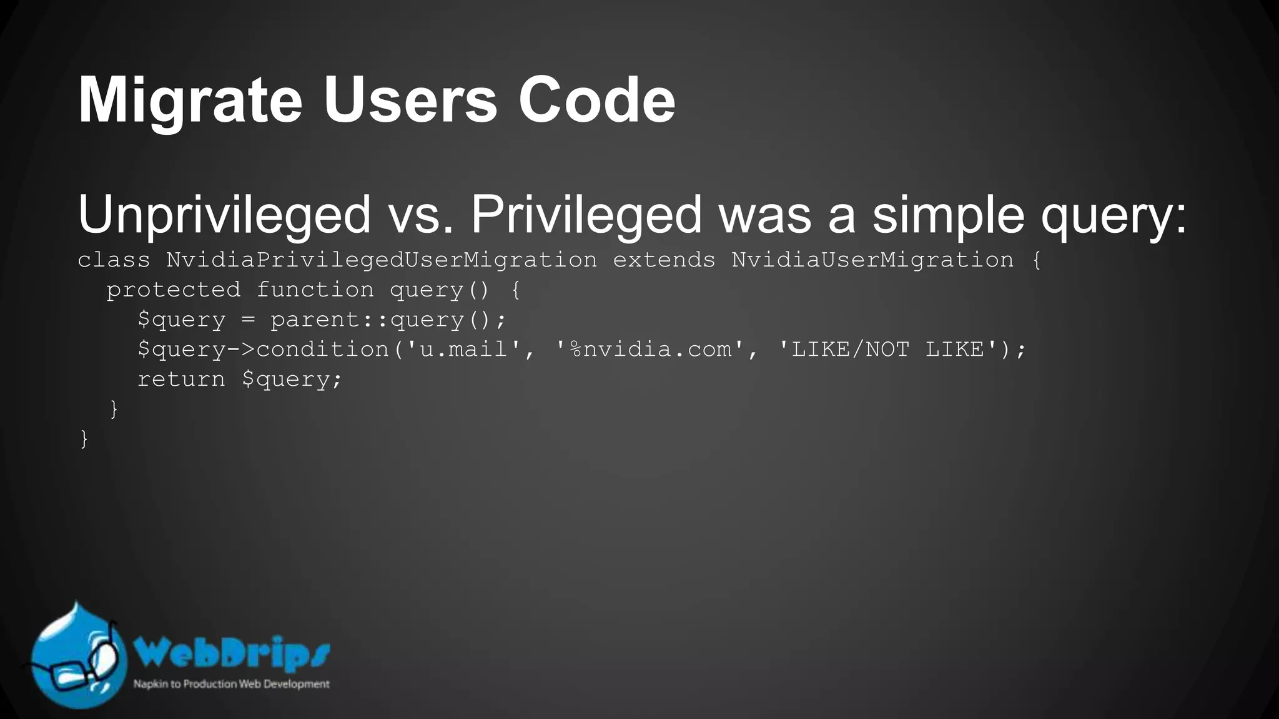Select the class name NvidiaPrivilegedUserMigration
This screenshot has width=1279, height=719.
tap(382, 260)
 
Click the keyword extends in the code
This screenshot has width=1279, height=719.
tap(664, 260)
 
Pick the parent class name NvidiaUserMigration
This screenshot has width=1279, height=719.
tap(872, 260)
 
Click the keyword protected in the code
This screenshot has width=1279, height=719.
tap(173, 290)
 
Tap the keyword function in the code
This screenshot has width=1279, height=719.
tap(315, 290)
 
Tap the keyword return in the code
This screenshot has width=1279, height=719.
tap(181, 379)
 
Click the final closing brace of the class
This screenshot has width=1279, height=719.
tap(84, 439)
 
